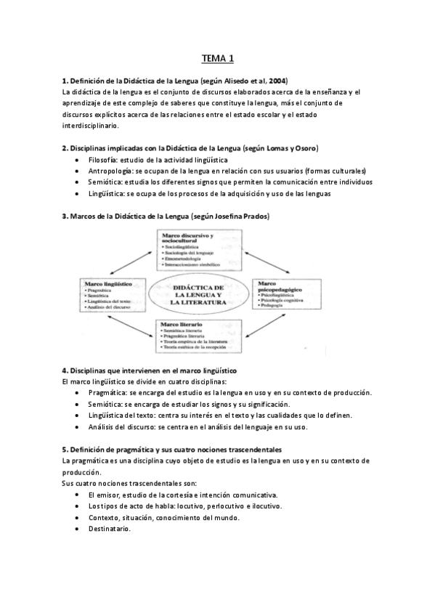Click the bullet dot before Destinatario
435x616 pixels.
click(x=78, y=529)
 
